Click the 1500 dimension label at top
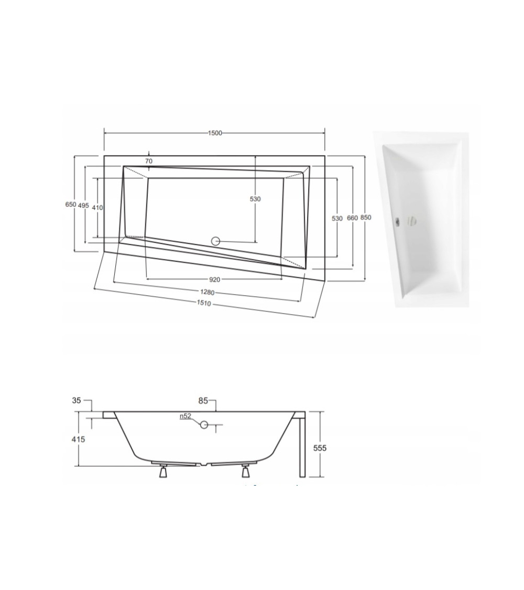(x=215, y=133)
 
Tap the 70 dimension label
(x=149, y=161)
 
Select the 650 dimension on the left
(x=71, y=205)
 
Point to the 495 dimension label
(x=83, y=205)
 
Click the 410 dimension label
(x=97, y=207)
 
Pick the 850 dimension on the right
(x=366, y=217)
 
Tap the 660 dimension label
(x=352, y=218)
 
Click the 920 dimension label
(x=214, y=279)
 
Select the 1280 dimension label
(x=207, y=292)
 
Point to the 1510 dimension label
(x=203, y=303)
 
